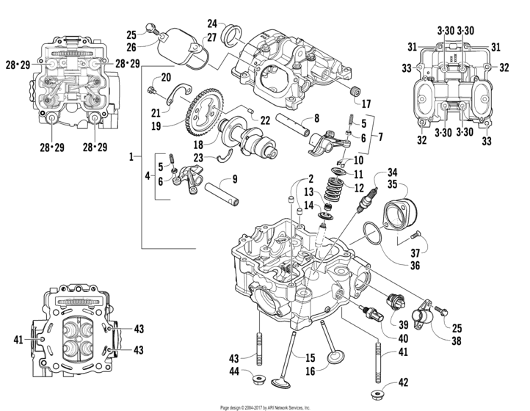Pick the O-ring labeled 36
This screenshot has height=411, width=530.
373,236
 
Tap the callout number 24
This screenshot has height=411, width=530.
212,23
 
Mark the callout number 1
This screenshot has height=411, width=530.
131,156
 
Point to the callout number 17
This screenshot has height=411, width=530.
366,103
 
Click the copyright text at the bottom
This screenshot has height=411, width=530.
265,407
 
